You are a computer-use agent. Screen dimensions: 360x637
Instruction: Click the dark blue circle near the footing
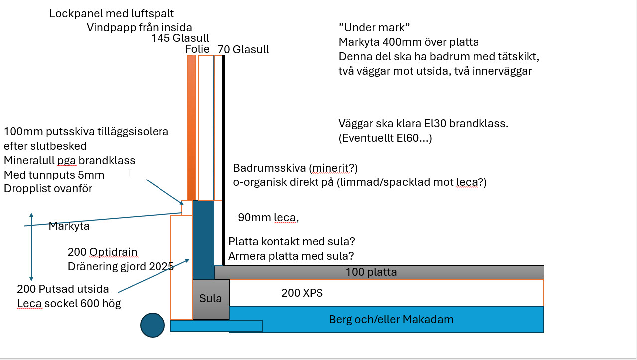click(x=153, y=325)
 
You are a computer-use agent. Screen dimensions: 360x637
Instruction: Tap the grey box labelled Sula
click(x=210, y=299)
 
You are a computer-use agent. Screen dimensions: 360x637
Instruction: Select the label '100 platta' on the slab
click(x=371, y=272)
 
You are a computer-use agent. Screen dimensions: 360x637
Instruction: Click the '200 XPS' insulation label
click(x=302, y=293)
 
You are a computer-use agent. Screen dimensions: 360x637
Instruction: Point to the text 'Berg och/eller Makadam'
click(x=391, y=319)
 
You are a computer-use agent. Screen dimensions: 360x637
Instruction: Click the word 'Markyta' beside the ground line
click(x=69, y=226)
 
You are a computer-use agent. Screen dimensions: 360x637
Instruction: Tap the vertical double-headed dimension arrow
click(x=31, y=247)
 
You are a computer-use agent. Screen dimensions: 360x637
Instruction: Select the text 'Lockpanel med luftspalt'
click(x=112, y=14)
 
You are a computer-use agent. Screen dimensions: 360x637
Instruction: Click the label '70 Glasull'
click(x=243, y=49)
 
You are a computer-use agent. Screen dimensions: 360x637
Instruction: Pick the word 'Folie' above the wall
click(x=197, y=49)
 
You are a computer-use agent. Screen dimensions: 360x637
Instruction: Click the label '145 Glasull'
click(x=180, y=38)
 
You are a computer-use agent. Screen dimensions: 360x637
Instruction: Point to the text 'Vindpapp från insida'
click(x=140, y=27)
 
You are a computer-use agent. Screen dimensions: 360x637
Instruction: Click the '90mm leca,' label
click(x=268, y=218)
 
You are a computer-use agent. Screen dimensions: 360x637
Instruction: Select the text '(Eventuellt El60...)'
click(x=385, y=138)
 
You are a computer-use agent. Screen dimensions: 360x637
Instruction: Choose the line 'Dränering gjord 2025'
click(x=121, y=266)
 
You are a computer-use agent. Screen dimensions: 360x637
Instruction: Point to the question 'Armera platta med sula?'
click(x=291, y=256)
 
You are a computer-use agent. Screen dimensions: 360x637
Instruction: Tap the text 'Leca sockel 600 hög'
click(x=69, y=303)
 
